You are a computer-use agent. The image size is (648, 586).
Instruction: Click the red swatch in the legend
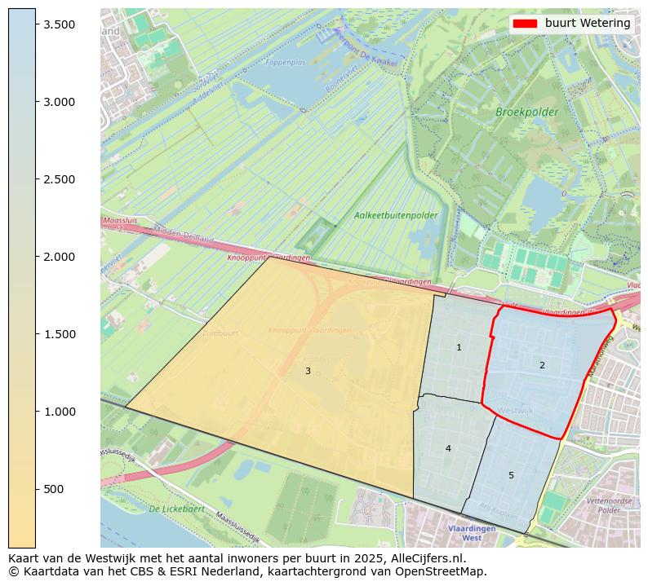point(526,24)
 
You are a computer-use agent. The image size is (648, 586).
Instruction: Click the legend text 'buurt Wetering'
point(588,24)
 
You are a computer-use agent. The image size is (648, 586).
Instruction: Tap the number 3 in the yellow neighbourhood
point(308,372)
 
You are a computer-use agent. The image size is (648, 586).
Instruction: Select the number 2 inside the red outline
point(542,365)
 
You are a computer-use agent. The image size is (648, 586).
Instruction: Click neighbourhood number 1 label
point(459,348)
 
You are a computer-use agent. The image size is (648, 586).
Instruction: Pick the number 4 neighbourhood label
point(448,448)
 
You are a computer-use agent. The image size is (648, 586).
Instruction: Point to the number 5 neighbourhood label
point(512,475)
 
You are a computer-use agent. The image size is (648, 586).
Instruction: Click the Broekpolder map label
point(527,112)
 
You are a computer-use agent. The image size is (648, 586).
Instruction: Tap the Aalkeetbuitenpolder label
point(396,215)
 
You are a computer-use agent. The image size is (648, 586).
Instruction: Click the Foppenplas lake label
point(285,62)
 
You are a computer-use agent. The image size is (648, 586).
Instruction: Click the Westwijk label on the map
point(516,410)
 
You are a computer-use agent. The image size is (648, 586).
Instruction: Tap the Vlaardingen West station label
point(471,533)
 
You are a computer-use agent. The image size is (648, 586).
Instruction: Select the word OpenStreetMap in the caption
point(446,571)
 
